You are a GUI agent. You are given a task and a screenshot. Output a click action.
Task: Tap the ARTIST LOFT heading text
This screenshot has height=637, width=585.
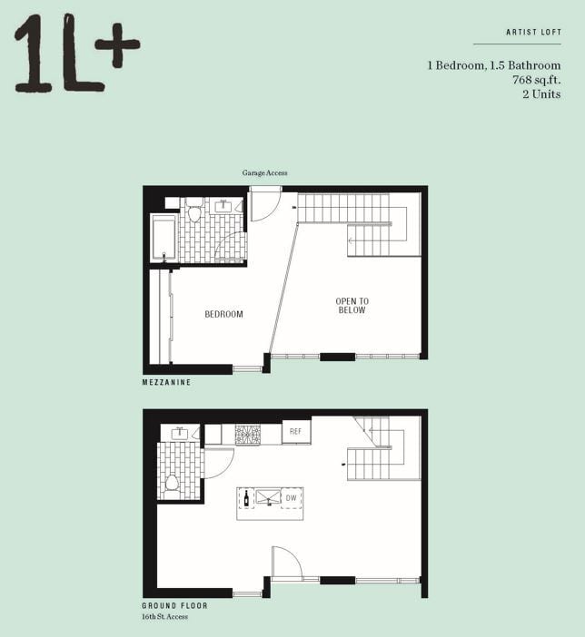(x=533, y=33)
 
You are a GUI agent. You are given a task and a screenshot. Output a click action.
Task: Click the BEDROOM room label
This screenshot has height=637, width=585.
(x=223, y=315)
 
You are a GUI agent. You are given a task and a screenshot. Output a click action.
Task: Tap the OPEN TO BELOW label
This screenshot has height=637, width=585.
(x=352, y=306)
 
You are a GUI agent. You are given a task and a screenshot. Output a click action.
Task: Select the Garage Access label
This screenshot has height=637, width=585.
(x=264, y=172)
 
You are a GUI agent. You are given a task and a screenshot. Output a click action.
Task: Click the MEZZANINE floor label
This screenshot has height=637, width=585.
(x=166, y=383)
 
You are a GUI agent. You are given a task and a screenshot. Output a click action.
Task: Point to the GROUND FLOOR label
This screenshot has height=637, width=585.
(x=174, y=605)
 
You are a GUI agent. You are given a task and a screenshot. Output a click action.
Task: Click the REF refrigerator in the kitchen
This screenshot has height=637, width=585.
(x=296, y=433)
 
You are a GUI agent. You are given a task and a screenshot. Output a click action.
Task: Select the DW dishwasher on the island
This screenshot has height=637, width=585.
(x=291, y=498)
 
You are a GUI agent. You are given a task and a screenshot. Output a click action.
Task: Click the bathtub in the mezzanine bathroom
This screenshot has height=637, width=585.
(x=164, y=238)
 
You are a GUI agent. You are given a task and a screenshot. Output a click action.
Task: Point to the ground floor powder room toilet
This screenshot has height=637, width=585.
(x=172, y=482)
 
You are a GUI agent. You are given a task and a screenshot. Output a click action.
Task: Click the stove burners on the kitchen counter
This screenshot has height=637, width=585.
(x=247, y=435)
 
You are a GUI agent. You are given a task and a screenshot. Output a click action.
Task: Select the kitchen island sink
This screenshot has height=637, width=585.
(x=267, y=498)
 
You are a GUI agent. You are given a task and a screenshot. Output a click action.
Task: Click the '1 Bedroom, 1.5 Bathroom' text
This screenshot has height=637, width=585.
(x=494, y=65)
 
